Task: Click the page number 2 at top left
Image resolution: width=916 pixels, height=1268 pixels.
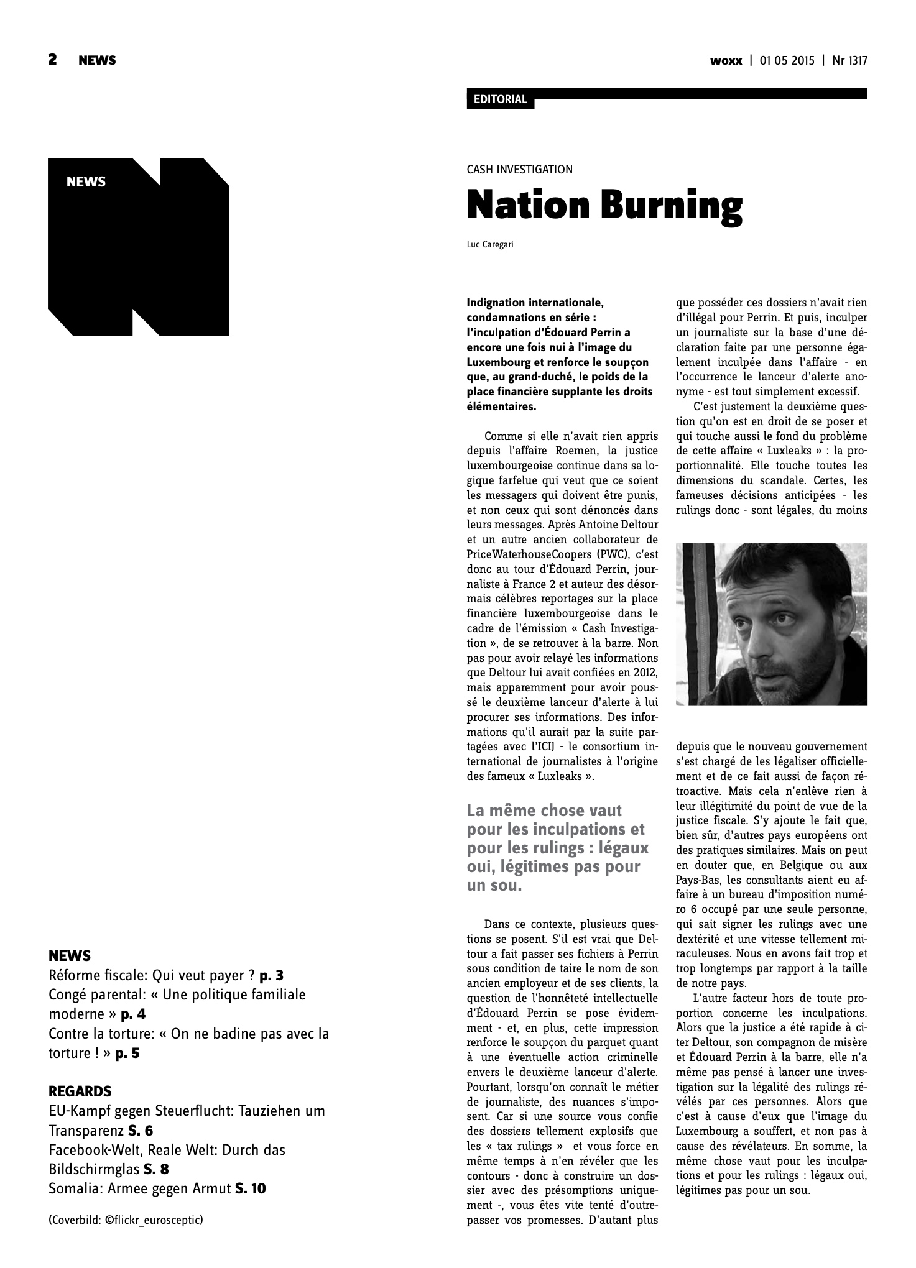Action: click(52, 60)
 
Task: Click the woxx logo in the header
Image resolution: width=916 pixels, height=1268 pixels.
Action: click(726, 61)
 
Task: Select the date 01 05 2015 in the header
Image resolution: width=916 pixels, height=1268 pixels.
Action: click(786, 61)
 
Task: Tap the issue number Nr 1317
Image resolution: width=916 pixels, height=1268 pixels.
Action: click(849, 61)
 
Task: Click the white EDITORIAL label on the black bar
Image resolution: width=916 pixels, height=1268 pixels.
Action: click(500, 99)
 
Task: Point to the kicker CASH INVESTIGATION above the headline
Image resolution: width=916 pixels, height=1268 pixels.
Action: click(519, 169)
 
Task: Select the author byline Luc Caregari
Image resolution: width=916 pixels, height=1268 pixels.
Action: click(490, 245)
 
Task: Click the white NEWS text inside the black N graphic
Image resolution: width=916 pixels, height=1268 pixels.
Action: click(86, 182)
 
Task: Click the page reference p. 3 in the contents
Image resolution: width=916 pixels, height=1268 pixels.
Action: click(271, 975)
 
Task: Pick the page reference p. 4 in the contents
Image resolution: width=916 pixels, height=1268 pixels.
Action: click(133, 1014)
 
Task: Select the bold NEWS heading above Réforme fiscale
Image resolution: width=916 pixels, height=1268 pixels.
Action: click(70, 955)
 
